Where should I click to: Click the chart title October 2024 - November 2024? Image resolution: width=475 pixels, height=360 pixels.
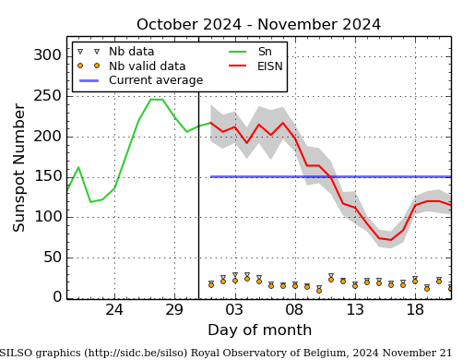pos(258,25)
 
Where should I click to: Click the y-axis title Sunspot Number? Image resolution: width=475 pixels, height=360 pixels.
pos(19,167)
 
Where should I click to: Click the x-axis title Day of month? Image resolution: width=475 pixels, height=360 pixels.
pos(259,330)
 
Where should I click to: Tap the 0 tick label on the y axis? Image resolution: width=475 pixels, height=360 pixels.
pos(56,297)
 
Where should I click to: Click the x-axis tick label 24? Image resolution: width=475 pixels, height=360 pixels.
pos(114,310)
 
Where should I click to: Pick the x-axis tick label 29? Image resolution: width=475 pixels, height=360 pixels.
pos(174,310)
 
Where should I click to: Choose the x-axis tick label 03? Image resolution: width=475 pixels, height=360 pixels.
pos(234,310)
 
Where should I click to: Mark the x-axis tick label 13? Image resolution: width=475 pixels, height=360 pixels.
pos(355,310)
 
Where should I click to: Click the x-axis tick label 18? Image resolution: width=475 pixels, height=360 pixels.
pos(415,310)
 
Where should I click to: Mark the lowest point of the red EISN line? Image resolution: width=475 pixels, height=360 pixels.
pos(391,240)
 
